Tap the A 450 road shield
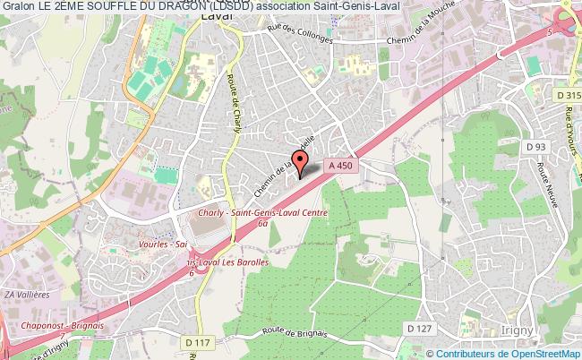339,165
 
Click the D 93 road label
536,147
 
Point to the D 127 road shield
418,329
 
